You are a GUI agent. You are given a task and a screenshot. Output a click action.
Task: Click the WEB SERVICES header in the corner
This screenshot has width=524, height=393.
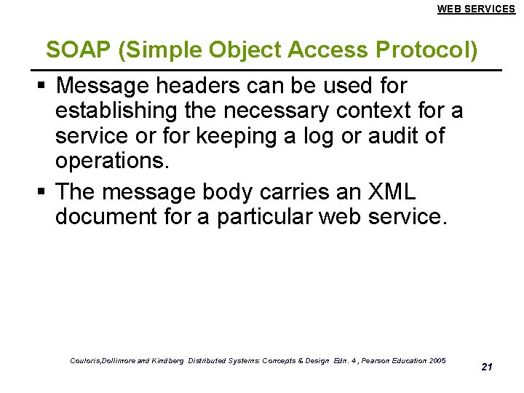[476, 9]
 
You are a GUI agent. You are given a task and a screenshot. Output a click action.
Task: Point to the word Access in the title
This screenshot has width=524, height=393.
[320, 49]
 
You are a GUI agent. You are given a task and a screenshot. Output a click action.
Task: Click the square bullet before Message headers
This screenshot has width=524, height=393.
[41, 87]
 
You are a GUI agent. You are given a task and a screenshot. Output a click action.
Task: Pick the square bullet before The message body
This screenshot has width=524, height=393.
[41, 192]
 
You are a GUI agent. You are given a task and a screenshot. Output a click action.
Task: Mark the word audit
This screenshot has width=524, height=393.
[379, 136]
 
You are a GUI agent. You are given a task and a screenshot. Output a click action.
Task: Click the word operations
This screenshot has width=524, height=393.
[112, 161]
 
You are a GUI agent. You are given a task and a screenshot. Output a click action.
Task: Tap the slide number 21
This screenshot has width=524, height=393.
[487, 367]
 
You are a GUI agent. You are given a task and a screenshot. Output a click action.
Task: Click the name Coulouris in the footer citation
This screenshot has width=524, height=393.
[87, 361]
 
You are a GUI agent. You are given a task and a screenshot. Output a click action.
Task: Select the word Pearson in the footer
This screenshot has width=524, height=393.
[378, 361]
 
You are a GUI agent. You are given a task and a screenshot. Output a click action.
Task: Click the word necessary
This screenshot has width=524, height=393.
[277, 111]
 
